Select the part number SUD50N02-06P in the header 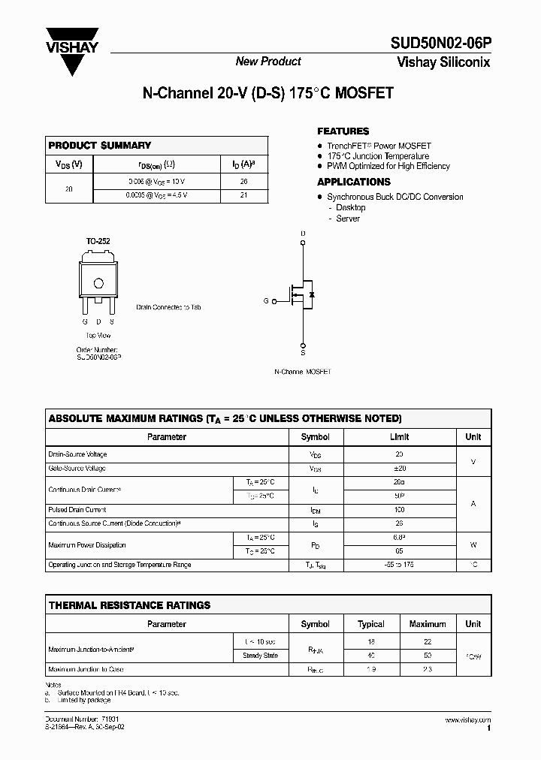tap(440, 44)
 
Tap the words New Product tap(268, 62)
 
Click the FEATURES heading tap(343, 131)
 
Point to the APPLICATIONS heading tap(353, 182)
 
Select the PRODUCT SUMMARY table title tap(99, 145)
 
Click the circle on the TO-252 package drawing tap(98, 283)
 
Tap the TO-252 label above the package tap(98, 241)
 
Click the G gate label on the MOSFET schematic tap(265, 300)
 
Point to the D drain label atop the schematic tap(303, 234)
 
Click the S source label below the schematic tap(303, 351)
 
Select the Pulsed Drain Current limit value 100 tap(399, 510)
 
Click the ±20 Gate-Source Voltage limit tap(399, 469)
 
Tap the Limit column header tap(399, 436)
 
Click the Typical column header tap(371, 624)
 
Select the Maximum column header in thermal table tap(428, 624)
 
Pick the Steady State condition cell tap(261, 656)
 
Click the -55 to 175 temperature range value tap(399, 565)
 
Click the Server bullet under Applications tap(348, 219)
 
